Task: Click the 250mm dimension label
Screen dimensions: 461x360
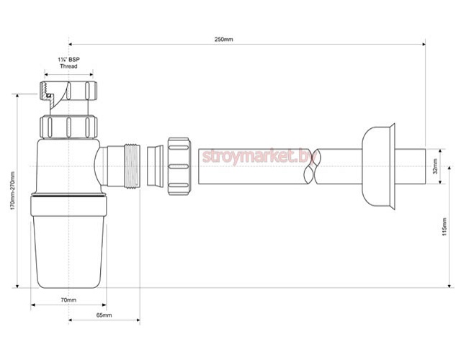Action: (x=223, y=40)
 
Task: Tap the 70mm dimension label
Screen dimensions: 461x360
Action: (x=68, y=300)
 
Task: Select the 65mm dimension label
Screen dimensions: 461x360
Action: (x=104, y=315)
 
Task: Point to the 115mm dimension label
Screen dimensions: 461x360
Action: (x=444, y=227)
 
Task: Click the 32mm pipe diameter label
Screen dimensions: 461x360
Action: (x=435, y=166)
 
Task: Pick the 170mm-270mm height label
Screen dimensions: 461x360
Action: (x=12, y=191)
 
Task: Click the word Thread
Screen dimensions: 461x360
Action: (x=68, y=66)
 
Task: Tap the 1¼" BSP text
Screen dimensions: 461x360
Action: (x=68, y=59)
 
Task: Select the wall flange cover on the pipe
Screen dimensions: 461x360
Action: (x=378, y=166)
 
